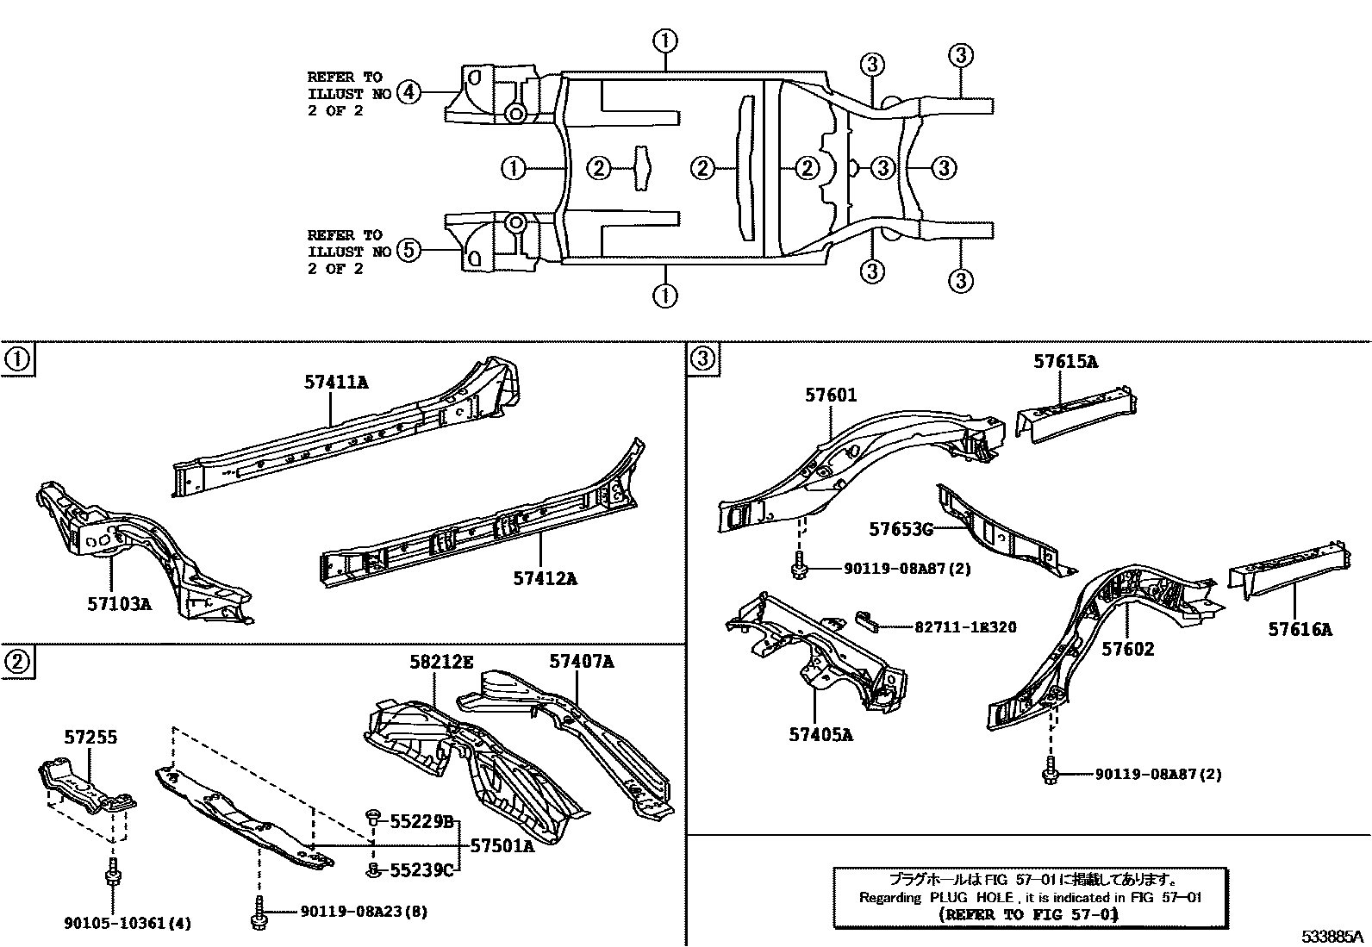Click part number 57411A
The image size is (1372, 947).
coord(335,382)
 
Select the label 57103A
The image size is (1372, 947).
coord(118,604)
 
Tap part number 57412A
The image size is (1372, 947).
coord(546,578)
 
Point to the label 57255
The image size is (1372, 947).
coord(90,737)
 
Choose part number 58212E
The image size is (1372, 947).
coord(441,662)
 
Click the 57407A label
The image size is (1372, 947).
coord(582,662)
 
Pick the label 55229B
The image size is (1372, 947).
coord(421,822)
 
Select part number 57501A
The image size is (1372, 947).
coord(502,846)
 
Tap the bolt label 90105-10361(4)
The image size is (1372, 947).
coord(128,924)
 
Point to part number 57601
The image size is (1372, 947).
coord(831,395)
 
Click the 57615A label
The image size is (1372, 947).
coord(1065,362)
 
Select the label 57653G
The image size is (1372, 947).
coord(901,529)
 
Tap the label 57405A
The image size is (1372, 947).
coord(820,734)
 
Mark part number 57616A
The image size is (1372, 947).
coord(1300,630)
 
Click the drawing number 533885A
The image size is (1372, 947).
coord(1332,936)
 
